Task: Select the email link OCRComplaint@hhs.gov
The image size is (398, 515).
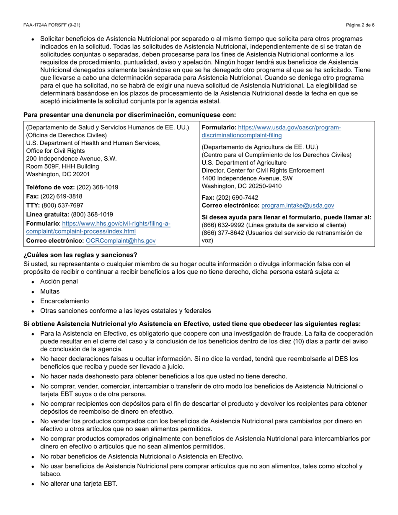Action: (121, 241)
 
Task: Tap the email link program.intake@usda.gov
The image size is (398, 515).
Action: (297, 206)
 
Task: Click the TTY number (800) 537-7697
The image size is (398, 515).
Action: (62, 205)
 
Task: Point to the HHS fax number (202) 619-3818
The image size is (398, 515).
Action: (62, 196)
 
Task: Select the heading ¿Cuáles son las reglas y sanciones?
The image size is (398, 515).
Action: (80, 255)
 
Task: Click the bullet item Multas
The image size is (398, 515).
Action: (50, 291)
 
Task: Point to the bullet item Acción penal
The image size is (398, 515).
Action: (59, 281)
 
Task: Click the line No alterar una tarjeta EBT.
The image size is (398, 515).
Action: (79, 484)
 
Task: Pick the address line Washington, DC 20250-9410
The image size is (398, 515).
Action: (242, 186)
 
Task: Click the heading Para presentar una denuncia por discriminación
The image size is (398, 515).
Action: (129, 115)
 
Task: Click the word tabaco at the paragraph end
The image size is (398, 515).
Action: (51, 474)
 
